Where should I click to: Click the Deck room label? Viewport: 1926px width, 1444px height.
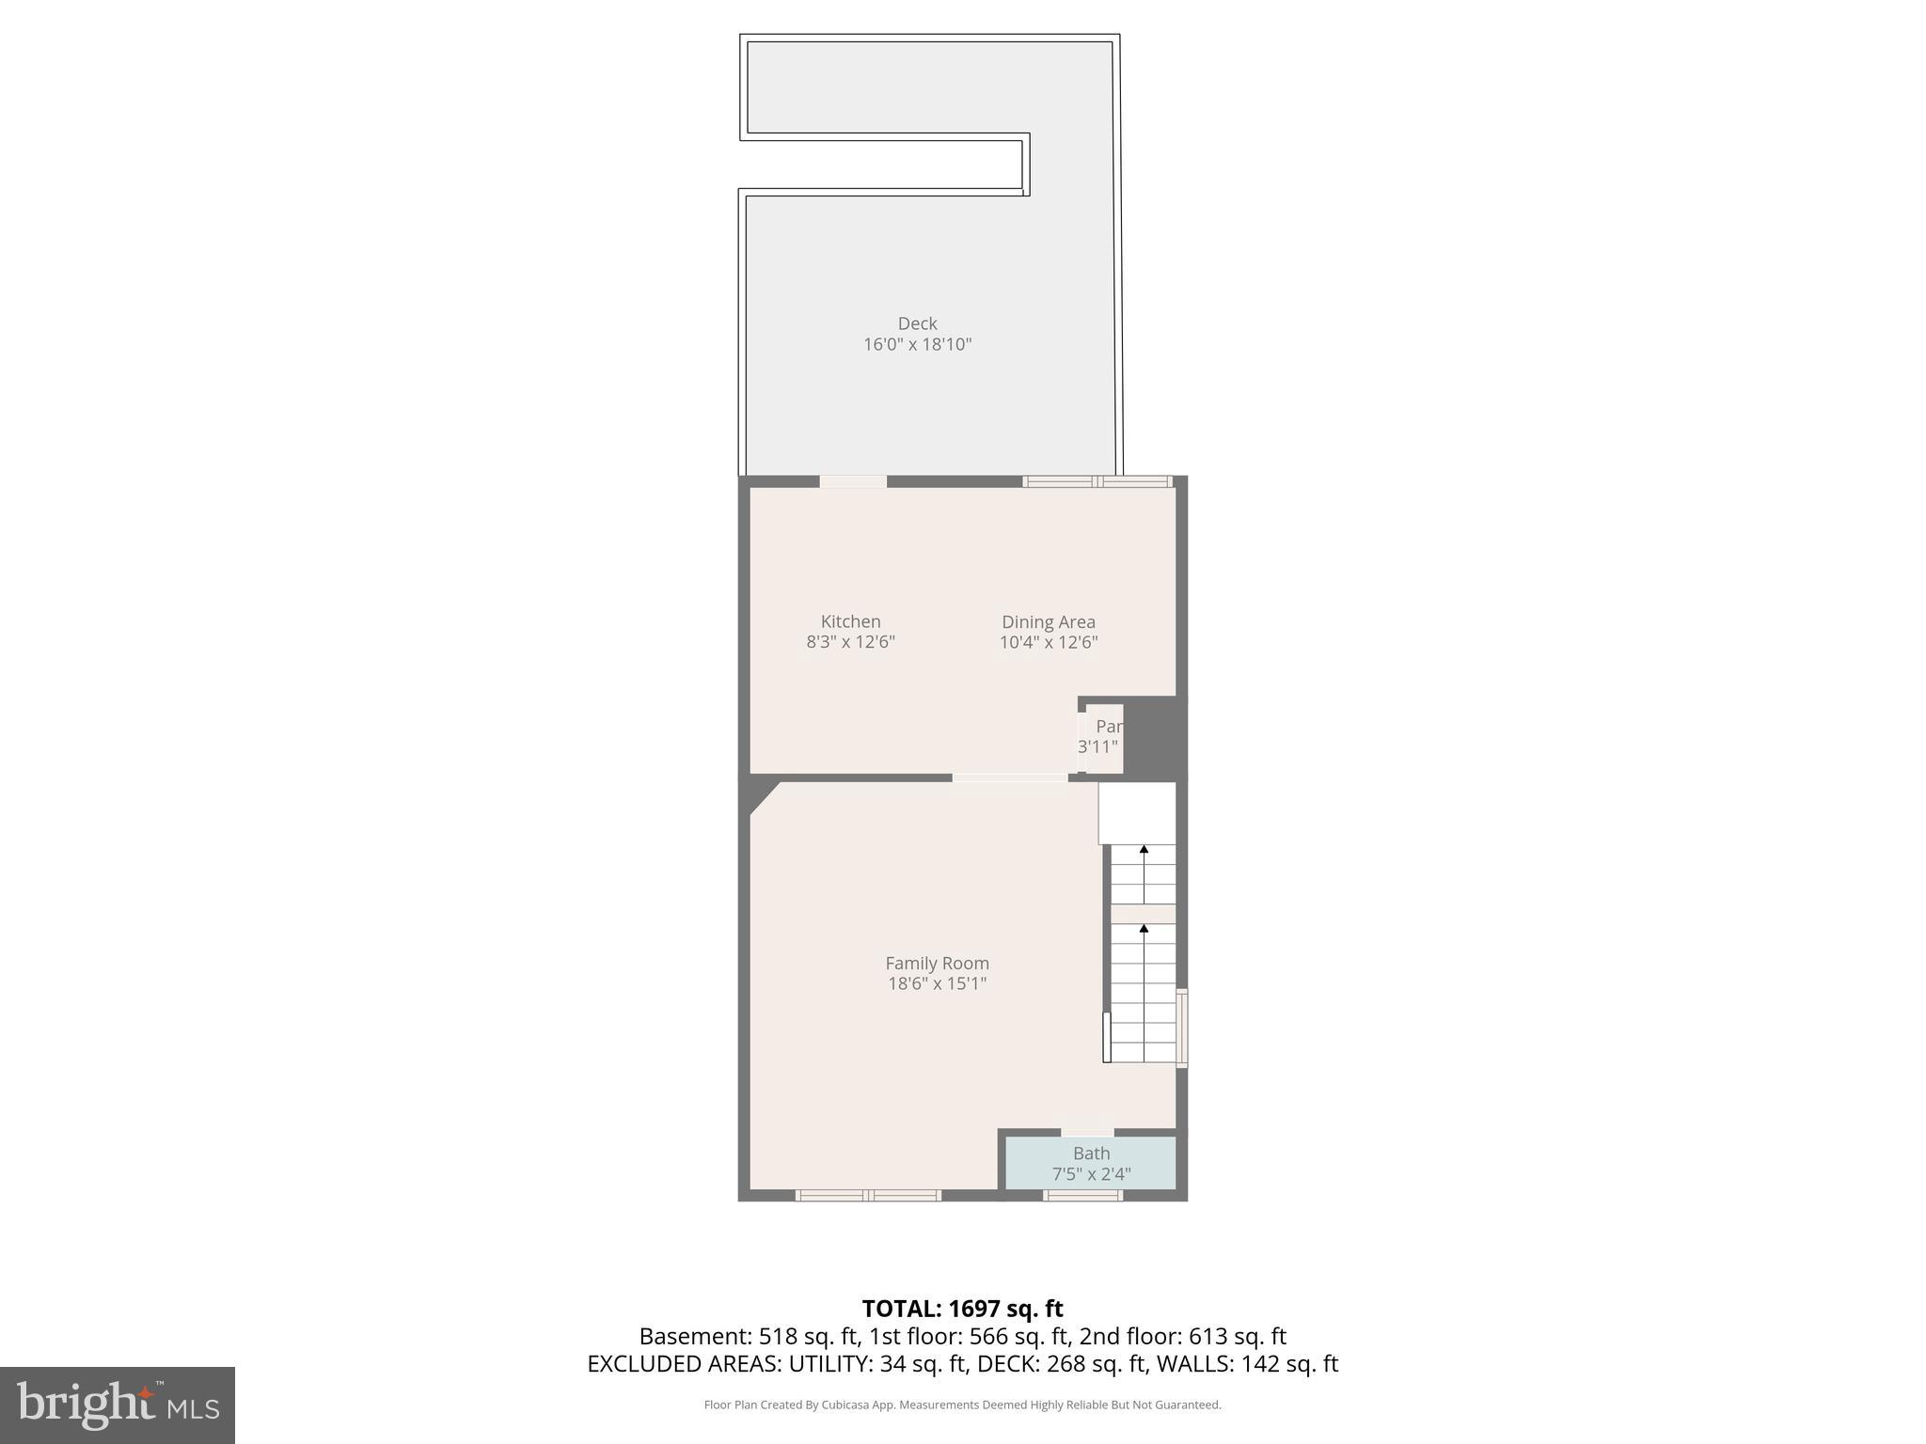(917, 323)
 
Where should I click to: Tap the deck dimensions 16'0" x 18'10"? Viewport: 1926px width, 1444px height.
(917, 344)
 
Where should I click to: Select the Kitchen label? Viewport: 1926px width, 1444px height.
(850, 621)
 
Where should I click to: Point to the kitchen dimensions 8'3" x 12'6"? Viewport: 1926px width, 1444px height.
(850, 642)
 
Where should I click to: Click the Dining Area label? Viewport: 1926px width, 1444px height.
(1048, 621)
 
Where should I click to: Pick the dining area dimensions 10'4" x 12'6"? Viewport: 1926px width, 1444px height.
(1048, 642)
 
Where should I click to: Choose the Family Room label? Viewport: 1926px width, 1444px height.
(937, 963)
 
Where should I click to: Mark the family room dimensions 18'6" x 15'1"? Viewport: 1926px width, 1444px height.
(937, 983)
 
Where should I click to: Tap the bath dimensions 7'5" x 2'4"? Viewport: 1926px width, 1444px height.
(1091, 1174)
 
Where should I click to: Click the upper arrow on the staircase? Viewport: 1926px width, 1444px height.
(1144, 850)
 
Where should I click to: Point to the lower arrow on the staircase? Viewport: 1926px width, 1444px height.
(1144, 929)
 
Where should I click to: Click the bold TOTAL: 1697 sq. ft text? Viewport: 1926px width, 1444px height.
(962, 1308)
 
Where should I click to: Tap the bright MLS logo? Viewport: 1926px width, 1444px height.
(118, 1405)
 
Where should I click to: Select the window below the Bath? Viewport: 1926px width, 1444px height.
(1082, 1196)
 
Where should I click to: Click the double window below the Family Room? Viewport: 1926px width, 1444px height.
(868, 1196)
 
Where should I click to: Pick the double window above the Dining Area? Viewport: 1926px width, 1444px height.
(1097, 481)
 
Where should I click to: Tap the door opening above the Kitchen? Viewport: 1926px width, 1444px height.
(853, 481)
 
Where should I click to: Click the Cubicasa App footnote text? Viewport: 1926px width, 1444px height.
(962, 1405)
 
